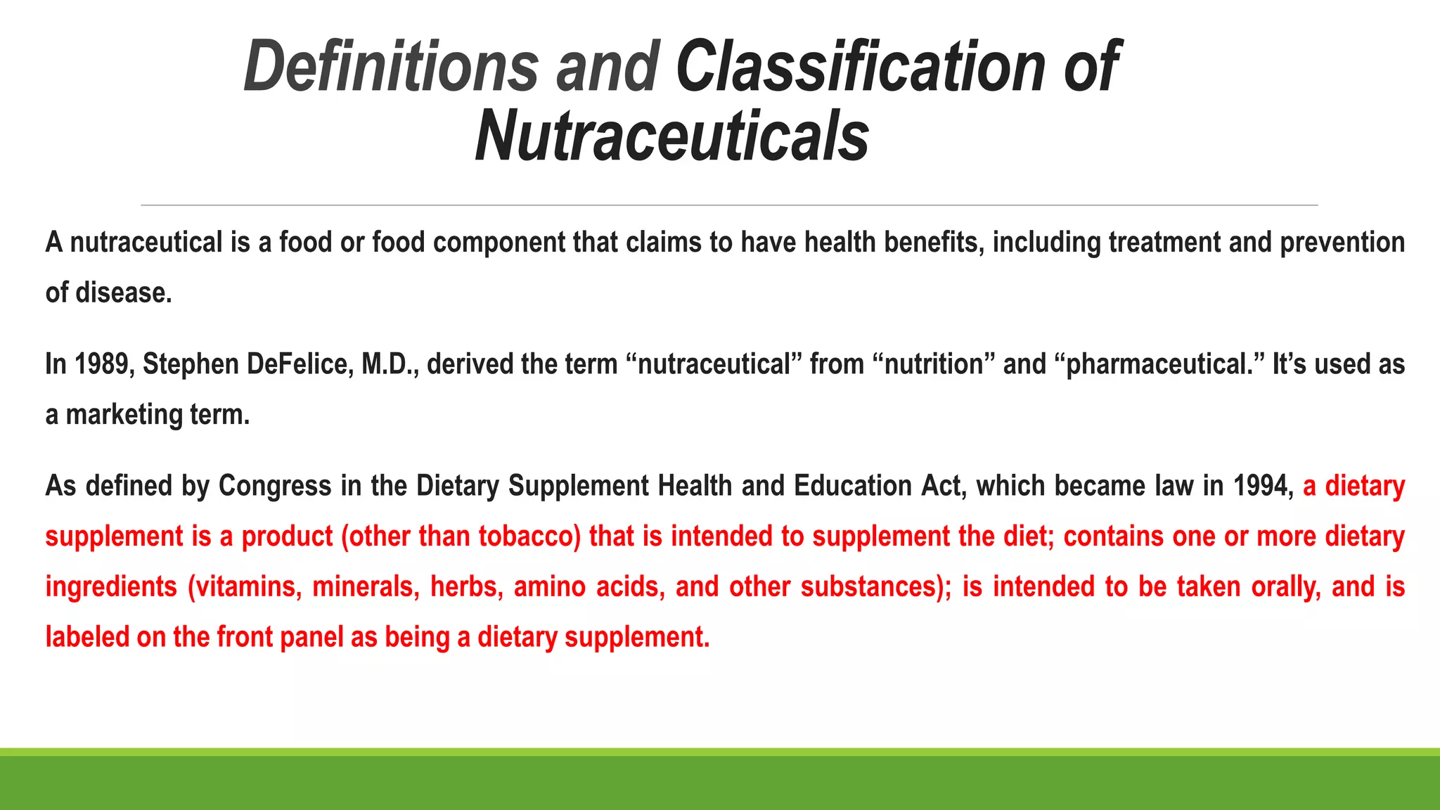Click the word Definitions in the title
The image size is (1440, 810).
(391, 66)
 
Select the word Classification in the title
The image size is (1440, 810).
(861, 66)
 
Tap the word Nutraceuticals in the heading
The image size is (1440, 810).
(672, 136)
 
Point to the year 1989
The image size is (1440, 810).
(104, 364)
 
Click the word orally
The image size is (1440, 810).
(1286, 587)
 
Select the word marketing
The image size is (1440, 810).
(124, 415)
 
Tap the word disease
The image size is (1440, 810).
(123, 293)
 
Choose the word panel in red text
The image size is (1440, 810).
(311, 637)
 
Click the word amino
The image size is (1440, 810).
(549, 587)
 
